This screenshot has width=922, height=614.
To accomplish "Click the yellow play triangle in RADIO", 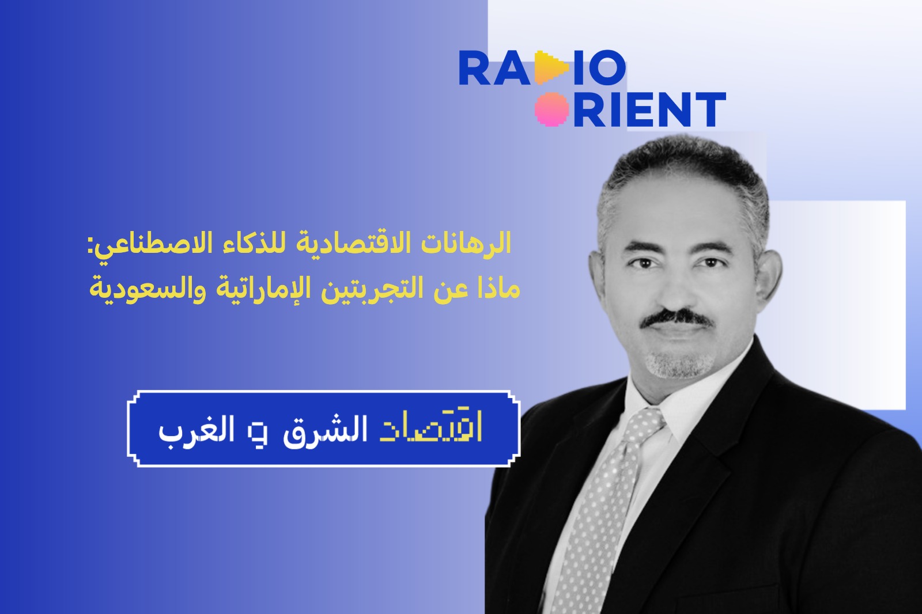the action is point(552,67).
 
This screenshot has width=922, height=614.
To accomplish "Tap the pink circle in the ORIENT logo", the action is point(552,109).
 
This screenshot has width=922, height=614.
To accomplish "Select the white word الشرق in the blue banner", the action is point(325,430).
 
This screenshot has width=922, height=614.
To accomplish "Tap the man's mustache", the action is point(677,319).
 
